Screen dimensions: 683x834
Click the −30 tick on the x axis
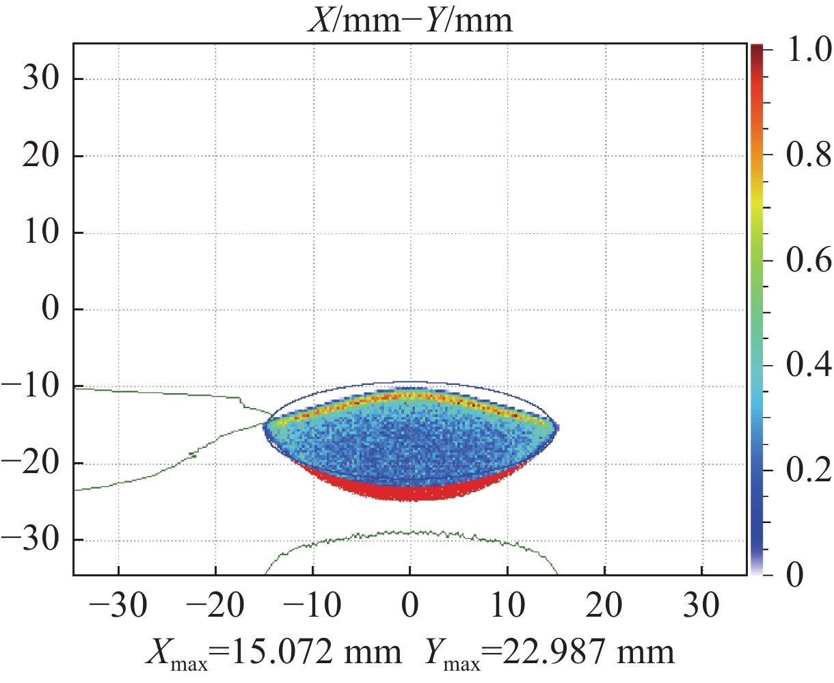[109, 606]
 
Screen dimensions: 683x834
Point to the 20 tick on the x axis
[604, 606]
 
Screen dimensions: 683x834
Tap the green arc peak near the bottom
[410, 532]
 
